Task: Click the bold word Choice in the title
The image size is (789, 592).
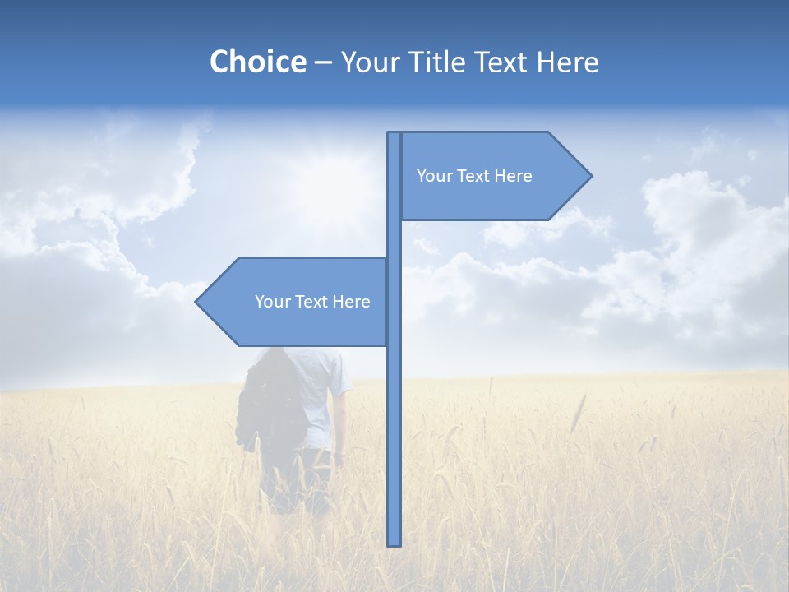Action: [257, 62]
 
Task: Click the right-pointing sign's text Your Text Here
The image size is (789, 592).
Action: [474, 176]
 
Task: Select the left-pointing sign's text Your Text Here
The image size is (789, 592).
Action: [312, 302]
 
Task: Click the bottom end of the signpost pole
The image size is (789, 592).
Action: [394, 543]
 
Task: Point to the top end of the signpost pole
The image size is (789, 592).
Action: [394, 134]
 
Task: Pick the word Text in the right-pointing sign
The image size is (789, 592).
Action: [474, 176]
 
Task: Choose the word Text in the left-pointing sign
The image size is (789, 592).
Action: [312, 302]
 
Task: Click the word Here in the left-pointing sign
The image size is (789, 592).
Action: [352, 302]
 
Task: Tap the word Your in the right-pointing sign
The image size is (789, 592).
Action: [433, 176]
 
